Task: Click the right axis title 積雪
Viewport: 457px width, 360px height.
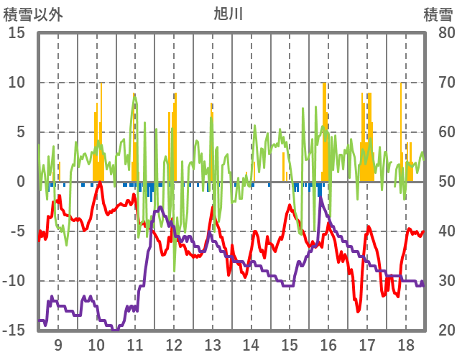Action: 438,14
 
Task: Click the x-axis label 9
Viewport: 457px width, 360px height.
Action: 58,344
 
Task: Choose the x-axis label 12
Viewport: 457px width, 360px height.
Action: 174,344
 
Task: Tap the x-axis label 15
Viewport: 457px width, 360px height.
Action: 290,344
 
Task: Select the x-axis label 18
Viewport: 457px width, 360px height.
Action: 405,344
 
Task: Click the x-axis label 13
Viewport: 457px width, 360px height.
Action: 213,344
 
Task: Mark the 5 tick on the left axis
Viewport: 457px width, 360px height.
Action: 20,132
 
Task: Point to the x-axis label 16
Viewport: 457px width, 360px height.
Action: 328,344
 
